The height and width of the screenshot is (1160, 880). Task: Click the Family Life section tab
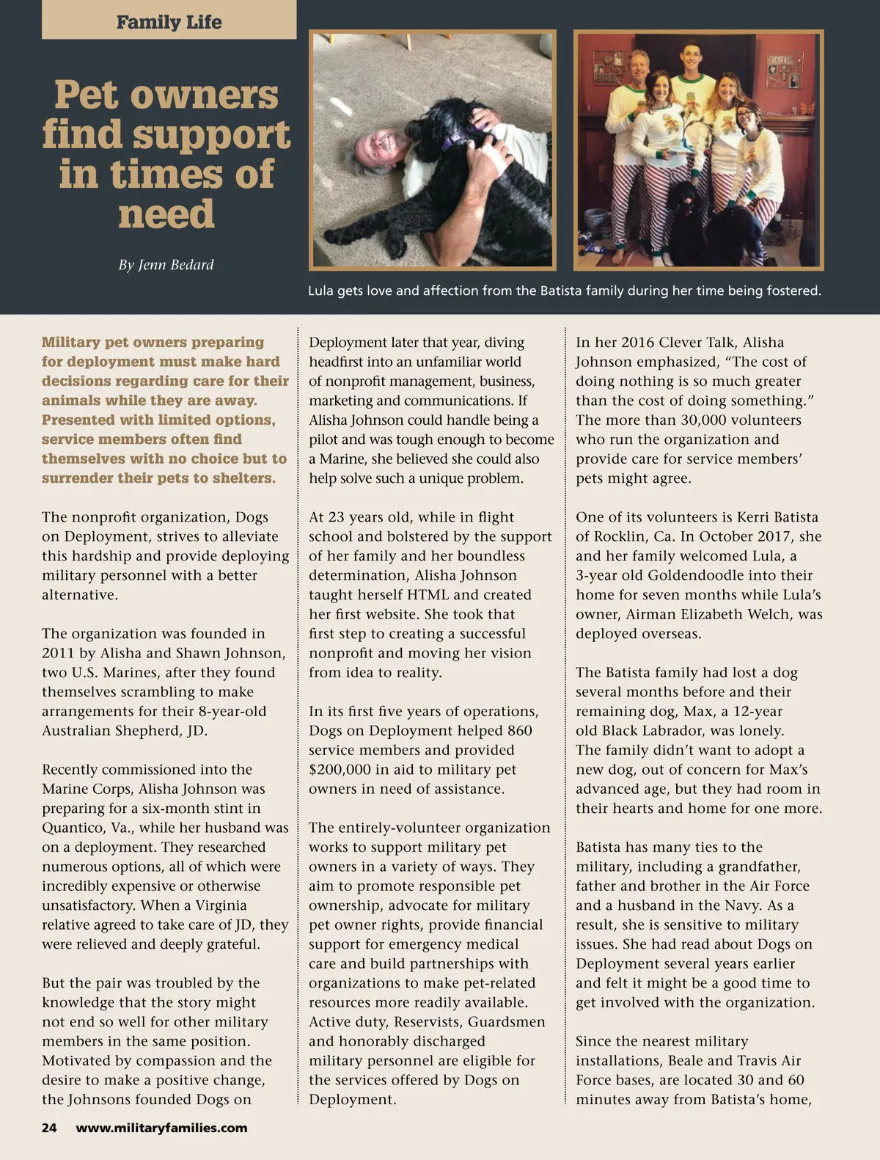click(x=169, y=22)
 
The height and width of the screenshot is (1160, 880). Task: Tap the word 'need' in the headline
click(x=166, y=214)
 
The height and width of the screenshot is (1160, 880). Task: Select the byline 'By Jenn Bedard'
click(x=166, y=265)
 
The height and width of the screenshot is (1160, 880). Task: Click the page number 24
click(x=49, y=1128)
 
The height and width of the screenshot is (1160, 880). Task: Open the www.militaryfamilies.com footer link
click(x=161, y=1128)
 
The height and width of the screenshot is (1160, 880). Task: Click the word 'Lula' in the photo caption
click(x=321, y=291)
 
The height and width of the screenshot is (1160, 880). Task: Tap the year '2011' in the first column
click(x=57, y=653)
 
